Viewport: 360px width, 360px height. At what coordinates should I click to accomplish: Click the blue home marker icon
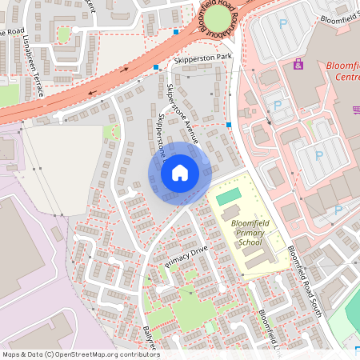click(x=180, y=172)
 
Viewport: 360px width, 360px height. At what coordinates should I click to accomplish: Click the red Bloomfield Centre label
click(x=343, y=71)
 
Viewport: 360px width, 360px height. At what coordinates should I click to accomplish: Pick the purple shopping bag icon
click(x=298, y=64)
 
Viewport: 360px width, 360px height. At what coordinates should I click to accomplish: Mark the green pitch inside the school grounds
click(x=228, y=196)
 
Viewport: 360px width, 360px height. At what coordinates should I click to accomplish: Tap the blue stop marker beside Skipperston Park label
click(x=157, y=68)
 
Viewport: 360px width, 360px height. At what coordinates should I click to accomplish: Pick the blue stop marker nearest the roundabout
click(x=175, y=32)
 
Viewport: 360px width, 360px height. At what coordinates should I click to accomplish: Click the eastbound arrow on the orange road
click(x=125, y=70)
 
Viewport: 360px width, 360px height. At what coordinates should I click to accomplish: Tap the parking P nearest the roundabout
click(x=282, y=25)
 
